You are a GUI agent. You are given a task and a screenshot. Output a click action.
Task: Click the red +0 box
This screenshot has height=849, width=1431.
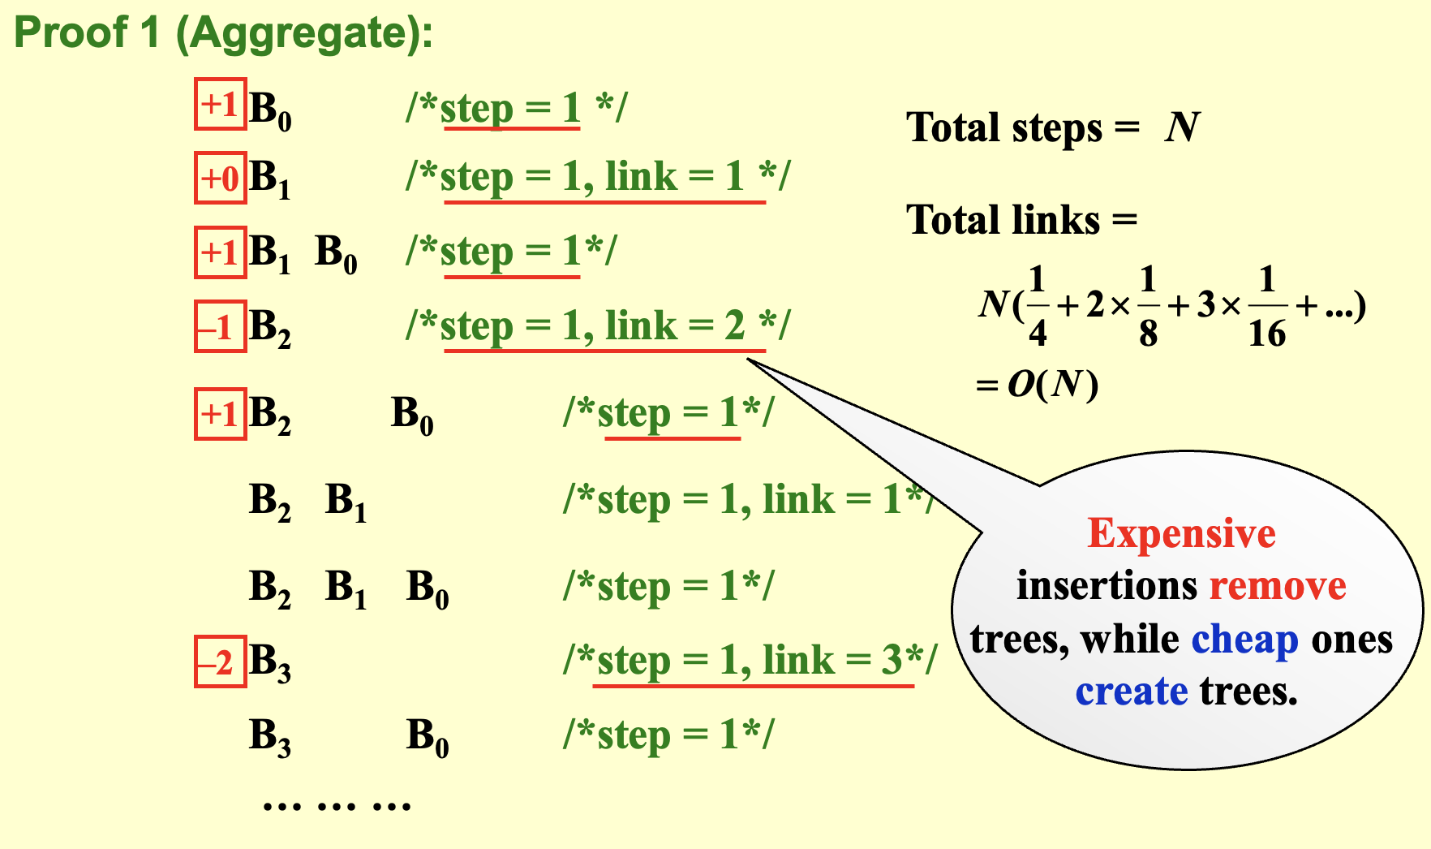[221, 178]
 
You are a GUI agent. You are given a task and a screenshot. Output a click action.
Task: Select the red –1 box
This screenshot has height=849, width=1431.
[221, 326]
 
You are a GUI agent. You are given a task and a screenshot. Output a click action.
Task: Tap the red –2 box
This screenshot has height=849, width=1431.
[221, 662]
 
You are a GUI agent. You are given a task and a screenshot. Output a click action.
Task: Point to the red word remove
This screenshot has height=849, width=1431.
[1278, 586]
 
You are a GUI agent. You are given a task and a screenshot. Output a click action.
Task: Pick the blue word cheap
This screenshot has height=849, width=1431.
[1245, 641]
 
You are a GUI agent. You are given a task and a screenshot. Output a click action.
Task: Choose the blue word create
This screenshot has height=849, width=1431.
[1132, 692]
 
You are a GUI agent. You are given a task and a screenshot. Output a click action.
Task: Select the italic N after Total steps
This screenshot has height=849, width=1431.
[1182, 127]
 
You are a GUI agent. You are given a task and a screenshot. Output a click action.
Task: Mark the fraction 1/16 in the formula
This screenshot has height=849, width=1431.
[1267, 307]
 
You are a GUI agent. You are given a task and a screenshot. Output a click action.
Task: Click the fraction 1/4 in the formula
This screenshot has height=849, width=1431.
[1038, 307]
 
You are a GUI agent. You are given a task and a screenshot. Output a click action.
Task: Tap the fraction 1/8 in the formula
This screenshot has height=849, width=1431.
[1148, 307]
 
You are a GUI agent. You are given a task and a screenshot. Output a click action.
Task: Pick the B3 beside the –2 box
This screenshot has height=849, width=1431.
[270, 663]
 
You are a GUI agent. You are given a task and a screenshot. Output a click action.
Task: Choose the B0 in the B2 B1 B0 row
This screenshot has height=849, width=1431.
[428, 588]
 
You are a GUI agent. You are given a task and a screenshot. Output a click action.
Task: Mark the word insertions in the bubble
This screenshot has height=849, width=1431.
[1107, 586]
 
